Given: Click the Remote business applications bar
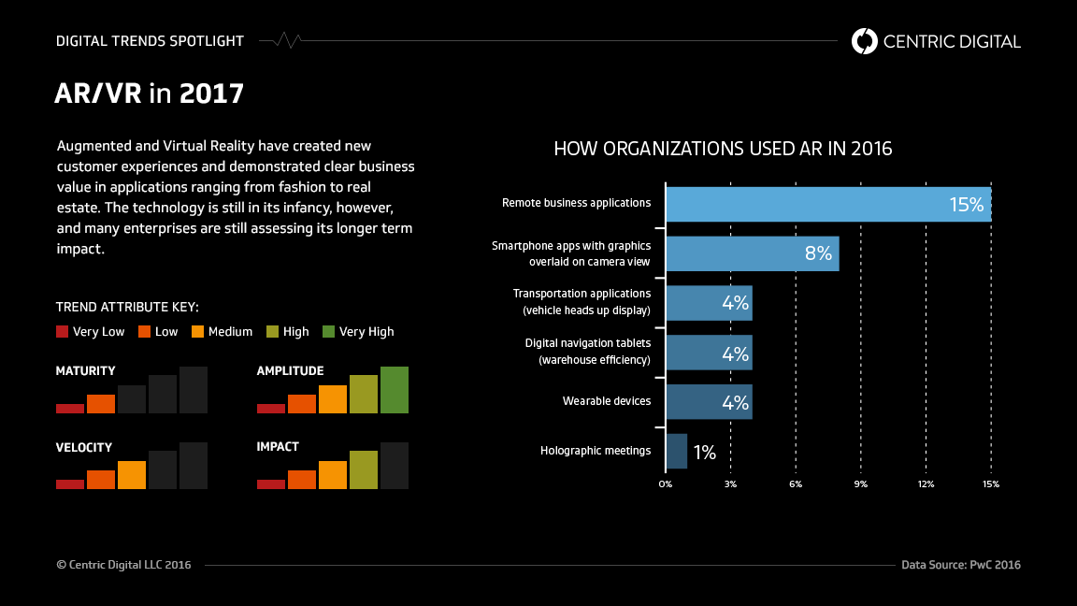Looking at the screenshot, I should [827, 204].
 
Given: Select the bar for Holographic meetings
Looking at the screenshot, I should [676, 451].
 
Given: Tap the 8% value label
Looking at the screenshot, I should [818, 253].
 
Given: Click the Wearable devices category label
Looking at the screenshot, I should [607, 401].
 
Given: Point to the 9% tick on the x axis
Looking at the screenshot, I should [860, 484].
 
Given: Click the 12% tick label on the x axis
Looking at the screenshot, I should [926, 484].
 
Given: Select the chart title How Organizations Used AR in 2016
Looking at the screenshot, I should [723, 149].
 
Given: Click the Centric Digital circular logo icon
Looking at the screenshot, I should [865, 41].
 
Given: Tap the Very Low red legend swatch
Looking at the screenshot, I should [63, 331].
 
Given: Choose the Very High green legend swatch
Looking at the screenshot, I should [329, 331].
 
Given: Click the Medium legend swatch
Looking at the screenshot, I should [198, 331].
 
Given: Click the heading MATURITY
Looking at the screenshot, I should [86, 371].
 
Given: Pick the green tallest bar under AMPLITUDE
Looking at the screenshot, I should [395, 390].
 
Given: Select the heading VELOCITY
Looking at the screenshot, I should [84, 447].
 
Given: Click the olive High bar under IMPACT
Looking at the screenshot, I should [364, 469].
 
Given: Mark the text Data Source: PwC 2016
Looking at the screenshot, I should [961, 565].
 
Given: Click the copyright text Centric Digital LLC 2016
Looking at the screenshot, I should [123, 565].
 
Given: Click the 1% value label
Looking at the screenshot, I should [705, 453].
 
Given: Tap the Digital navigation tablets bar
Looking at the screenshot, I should [709, 353].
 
